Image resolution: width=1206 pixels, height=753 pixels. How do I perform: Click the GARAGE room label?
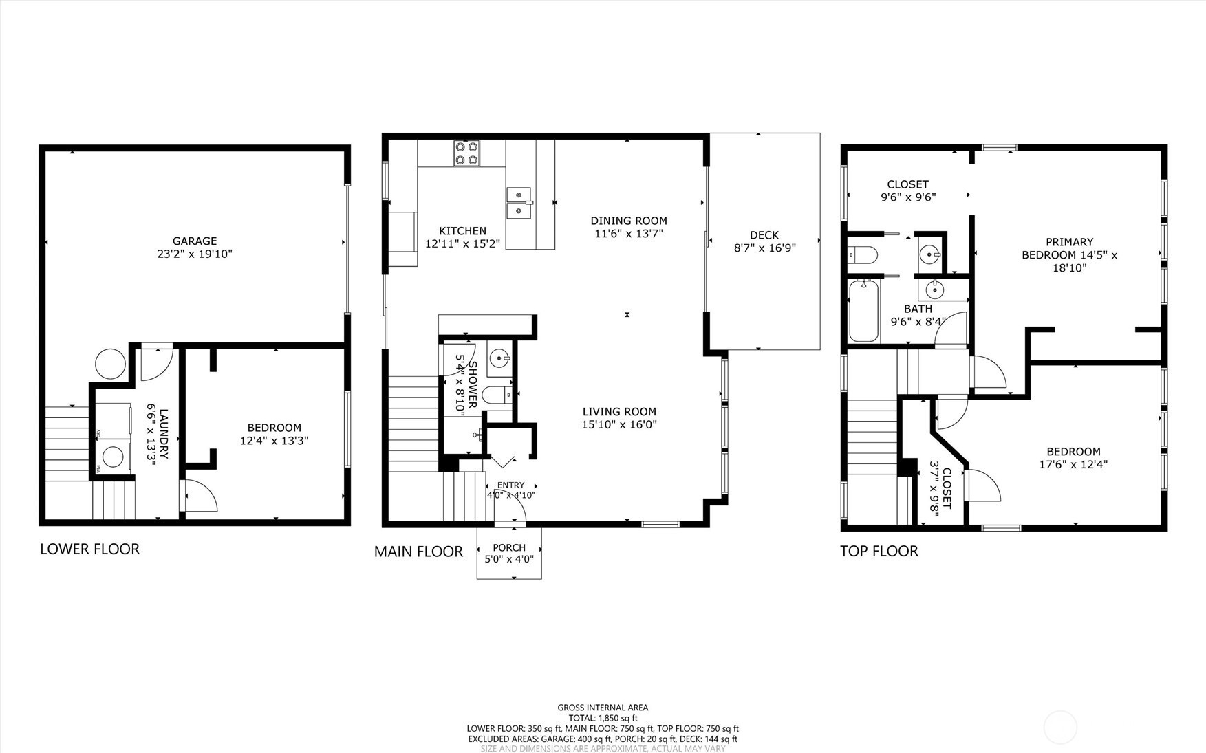click(x=195, y=241)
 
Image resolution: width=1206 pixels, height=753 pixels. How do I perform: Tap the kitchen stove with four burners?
click(x=466, y=153)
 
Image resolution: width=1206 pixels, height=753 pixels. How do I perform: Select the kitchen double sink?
click(x=519, y=203)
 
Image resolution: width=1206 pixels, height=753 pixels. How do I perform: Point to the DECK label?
click(x=764, y=235)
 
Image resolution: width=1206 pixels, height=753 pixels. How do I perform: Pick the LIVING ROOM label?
click(x=619, y=412)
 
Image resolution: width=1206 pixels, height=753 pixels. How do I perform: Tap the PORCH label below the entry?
click(x=509, y=548)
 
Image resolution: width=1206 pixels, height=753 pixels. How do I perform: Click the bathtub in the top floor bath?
click(x=864, y=310)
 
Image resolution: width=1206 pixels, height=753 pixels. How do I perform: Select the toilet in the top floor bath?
click(x=863, y=255)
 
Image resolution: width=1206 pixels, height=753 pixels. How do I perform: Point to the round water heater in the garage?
click(x=110, y=363)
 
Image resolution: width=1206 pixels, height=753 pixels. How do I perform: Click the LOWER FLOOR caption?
click(x=89, y=549)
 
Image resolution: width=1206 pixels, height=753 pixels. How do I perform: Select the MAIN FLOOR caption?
click(x=418, y=552)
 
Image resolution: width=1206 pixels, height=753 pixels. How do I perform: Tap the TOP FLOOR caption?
click(x=879, y=551)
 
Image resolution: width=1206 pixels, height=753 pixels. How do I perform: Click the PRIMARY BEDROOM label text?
click(x=1070, y=248)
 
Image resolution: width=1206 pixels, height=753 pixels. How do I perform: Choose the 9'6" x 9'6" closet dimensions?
click(x=908, y=197)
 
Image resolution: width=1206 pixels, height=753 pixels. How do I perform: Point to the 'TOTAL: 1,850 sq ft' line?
click(x=603, y=718)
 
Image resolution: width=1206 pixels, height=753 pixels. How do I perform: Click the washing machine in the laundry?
click(x=114, y=456)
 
